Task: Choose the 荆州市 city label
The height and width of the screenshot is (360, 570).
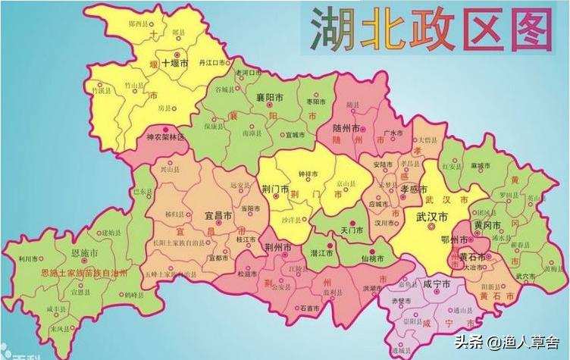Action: pyautogui.click(x=279, y=246)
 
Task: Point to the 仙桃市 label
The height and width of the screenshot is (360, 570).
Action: pyautogui.click(x=371, y=258)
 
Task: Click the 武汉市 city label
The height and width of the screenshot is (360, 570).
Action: pyautogui.click(x=431, y=217)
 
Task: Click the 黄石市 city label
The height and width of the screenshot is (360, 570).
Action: pyautogui.click(x=473, y=257)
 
